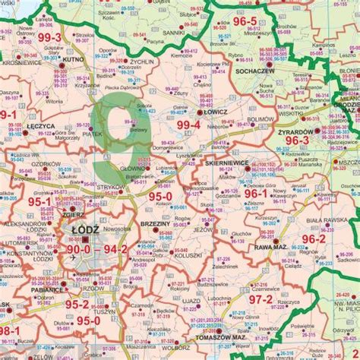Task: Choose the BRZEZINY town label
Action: pos(156,225)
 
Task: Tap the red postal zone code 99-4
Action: pos(188,124)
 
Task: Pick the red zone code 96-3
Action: pos(298,141)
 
